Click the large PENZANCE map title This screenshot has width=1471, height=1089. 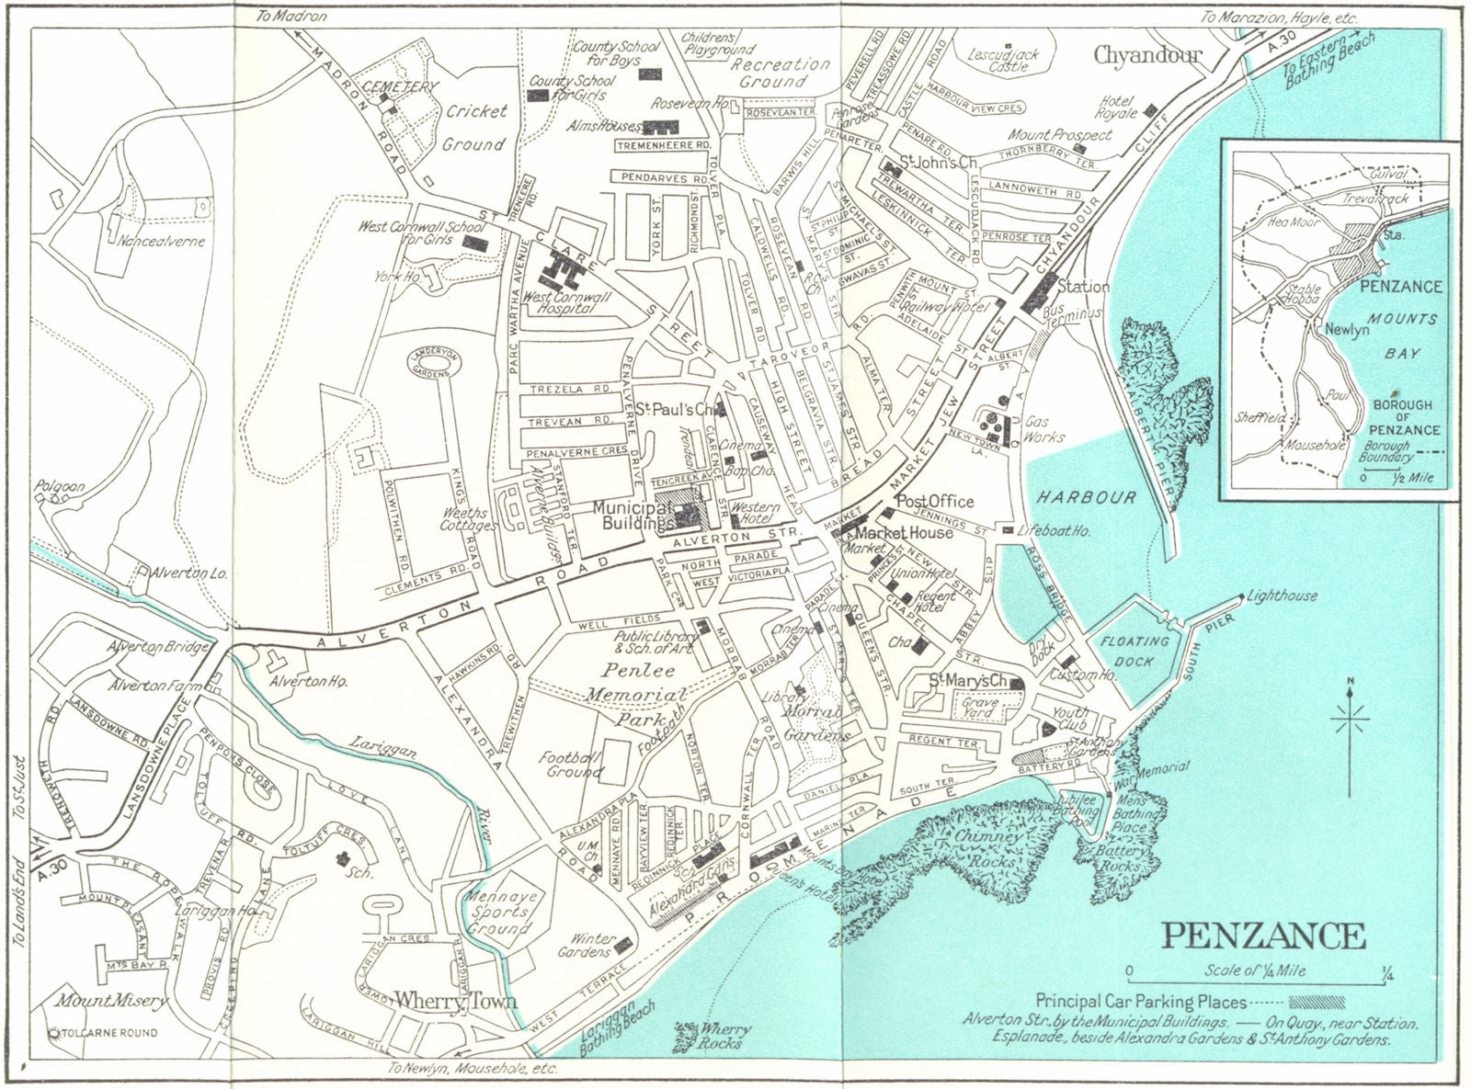1264,936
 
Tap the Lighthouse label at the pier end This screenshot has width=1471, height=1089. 1283,596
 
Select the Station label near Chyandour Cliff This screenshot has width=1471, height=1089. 1083,286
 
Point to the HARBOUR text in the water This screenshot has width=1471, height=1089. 1087,497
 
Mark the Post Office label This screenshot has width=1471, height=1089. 934,501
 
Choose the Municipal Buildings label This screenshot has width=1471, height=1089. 631,515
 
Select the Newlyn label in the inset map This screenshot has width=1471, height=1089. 1346,329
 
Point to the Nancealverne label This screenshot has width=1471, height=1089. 161,241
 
